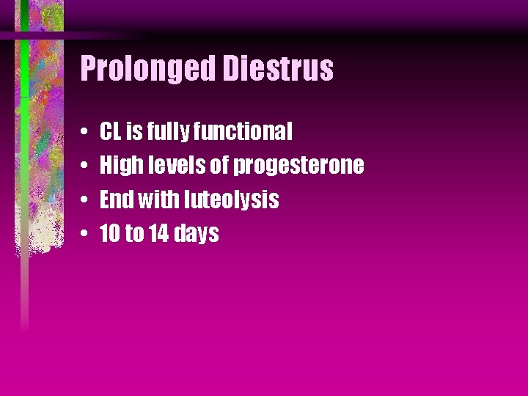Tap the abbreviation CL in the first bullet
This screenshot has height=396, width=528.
click(111, 132)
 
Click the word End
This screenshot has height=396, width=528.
click(114, 199)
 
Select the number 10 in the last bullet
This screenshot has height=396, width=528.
click(110, 234)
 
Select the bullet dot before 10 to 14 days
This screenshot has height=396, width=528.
click(86, 235)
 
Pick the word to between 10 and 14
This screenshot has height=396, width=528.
click(135, 234)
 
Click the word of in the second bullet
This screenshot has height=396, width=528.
click(220, 166)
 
